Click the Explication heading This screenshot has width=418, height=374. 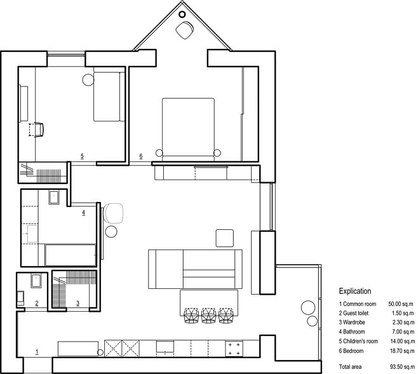[x=355, y=291]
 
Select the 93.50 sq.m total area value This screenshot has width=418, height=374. [x=402, y=367]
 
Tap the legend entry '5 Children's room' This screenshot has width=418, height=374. [x=358, y=341]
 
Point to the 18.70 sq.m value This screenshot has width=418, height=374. [x=402, y=351]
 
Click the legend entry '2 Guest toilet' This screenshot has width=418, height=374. [x=353, y=313]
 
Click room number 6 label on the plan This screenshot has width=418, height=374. [x=141, y=156]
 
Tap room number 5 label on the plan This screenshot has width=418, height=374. [x=82, y=156]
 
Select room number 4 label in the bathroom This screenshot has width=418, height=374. [x=83, y=213]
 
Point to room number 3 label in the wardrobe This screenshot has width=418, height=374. [x=78, y=303]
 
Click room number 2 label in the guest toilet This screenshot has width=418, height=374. [x=37, y=303]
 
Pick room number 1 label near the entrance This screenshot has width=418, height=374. [x=37, y=352]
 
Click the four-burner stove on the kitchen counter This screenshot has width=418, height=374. [x=234, y=349]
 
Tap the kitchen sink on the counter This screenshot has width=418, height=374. [x=165, y=347]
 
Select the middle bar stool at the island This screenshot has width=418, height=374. [x=209, y=316]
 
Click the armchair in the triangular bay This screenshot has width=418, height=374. [x=184, y=30]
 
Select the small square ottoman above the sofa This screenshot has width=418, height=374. [x=225, y=238]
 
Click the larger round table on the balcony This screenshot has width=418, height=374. [x=308, y=307]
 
